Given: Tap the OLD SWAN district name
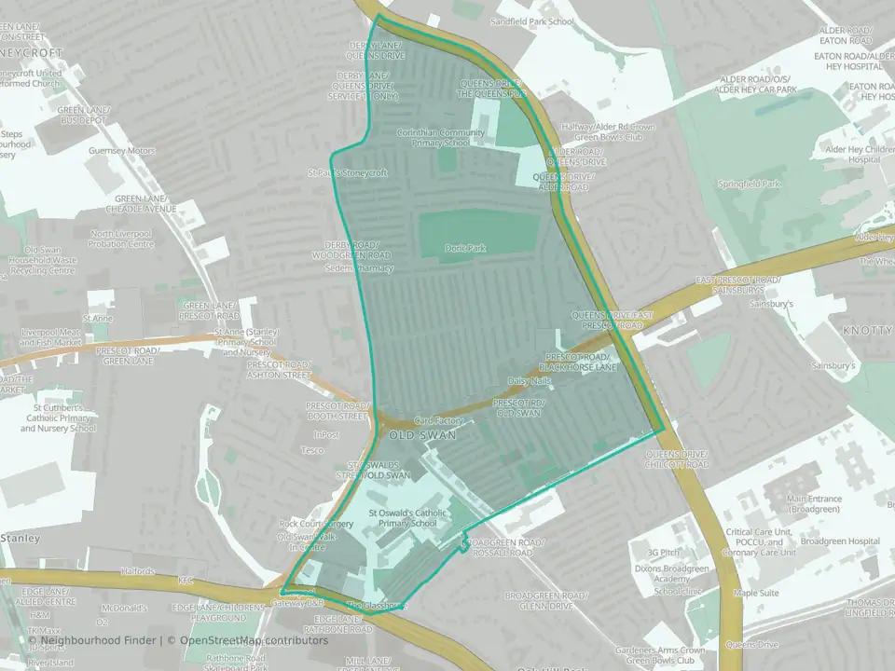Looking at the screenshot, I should click(412, 436).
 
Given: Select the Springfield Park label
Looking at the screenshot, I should click(749, 185).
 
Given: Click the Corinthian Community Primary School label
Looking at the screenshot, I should click(440, 138).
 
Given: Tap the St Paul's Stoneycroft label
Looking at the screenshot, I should click(347, 173).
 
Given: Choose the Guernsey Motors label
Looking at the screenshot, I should click(121, 150).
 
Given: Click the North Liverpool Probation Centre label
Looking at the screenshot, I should click(122, 239).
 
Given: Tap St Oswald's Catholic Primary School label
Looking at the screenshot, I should click(403, 517).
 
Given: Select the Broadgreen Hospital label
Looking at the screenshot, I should click(839, 541).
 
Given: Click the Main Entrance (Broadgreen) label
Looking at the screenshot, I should click(814, 504).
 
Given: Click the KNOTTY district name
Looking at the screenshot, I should click(867, 331).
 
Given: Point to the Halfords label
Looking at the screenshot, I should click(138, 571).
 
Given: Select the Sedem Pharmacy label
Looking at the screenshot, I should click(358, 268).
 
